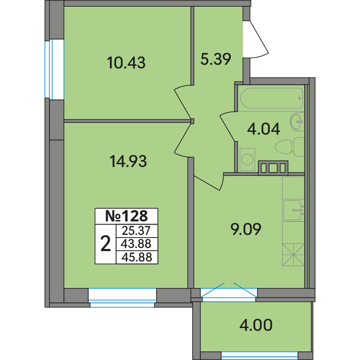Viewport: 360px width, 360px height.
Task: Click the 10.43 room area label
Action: (x=126, y=63)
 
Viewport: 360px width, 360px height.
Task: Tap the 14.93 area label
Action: (x=128, y=161)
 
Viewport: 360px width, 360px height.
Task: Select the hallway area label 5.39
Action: (x=216, y=59)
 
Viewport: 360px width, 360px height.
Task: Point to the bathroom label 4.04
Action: (x=264, y=129)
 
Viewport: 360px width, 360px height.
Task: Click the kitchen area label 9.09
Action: (x=246, y=229)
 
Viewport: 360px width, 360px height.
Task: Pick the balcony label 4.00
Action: (x=256, y=325)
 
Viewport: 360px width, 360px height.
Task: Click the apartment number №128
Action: (x=126, y=216)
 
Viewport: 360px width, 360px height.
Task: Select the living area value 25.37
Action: (x=136, y=231)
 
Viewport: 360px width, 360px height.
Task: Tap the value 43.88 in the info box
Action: (x=136, y=244)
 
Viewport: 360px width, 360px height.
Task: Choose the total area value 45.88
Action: (x=137, y=257)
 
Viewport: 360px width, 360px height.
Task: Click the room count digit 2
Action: (x=106, y=244)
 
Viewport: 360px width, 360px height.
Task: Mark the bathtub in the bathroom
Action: (x=272, y=98)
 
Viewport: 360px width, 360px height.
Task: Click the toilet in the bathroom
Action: (x=290, y=147)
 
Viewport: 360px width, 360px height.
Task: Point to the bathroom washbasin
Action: (x=297, y=121)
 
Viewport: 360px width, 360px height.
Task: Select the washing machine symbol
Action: (x=247, y=159)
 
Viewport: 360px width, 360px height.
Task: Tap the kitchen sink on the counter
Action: (x=293, y=210)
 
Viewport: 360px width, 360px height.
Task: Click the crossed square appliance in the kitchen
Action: (x=293, y=255)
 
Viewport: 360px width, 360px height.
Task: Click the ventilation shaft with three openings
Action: (x=273, y=168)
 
